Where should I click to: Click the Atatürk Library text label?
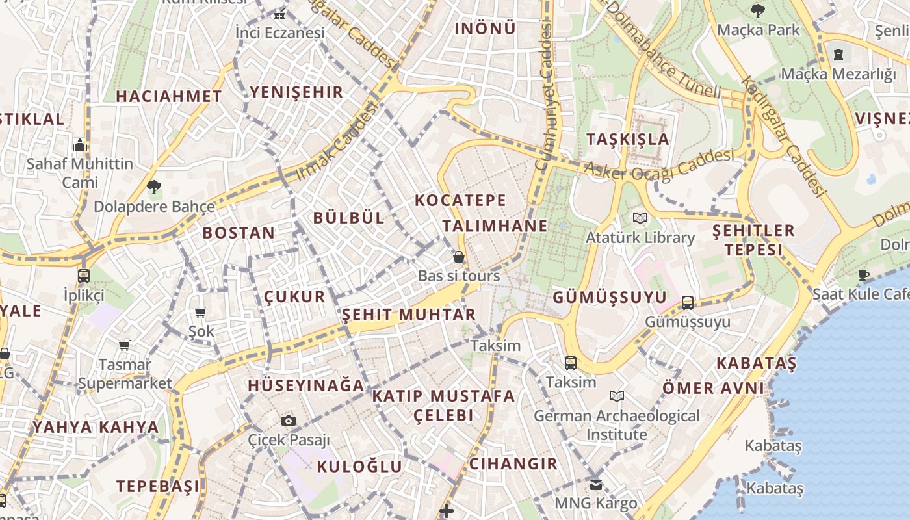pos(640,238)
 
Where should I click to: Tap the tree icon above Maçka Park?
pos(757,10)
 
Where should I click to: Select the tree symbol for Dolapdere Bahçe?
pos(154,188)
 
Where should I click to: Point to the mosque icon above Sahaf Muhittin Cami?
pos(80,144)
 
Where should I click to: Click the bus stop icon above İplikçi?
pos(84,276)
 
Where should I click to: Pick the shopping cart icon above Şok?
pos(201,313)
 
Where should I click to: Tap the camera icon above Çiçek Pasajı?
pos(289,421)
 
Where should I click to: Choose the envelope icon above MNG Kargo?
pos(596,485)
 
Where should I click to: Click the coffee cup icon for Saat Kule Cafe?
pos(864,276)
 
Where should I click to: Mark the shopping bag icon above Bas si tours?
pos(459,257)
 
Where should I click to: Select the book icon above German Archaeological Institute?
pos(617,396)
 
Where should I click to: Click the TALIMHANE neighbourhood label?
pos(495,226)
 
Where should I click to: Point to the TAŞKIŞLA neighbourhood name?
pos(627,139)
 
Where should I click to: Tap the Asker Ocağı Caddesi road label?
pos(659,165)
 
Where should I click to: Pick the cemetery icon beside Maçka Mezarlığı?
pos(838,54)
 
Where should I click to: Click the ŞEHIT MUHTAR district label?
pos(409,315)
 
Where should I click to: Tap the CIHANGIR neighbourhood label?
pos(513,463)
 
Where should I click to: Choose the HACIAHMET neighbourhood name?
pos(169,96)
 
